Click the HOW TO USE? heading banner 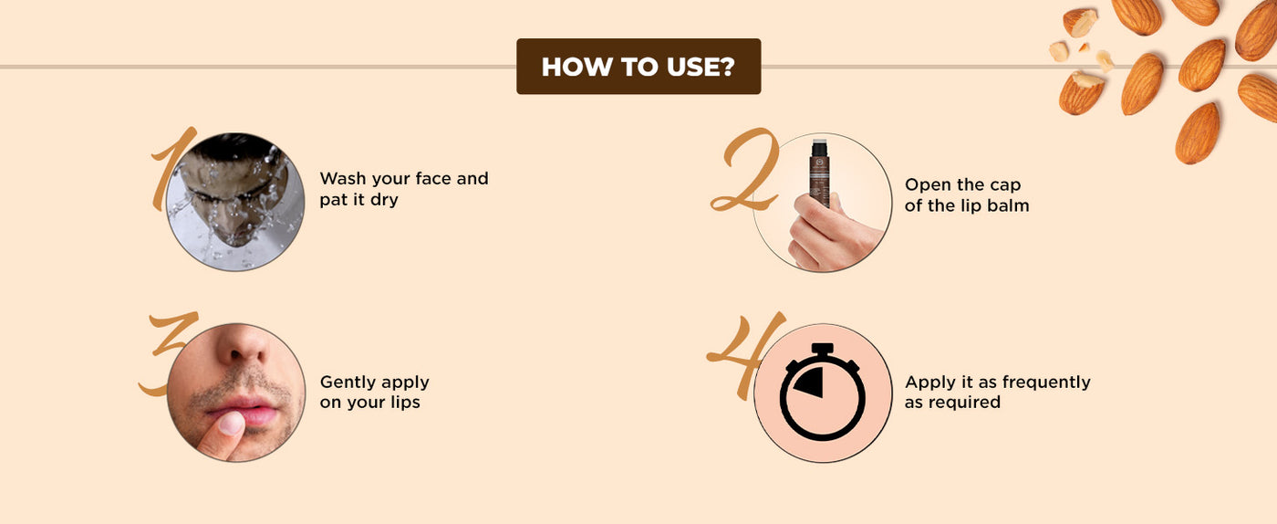[x=638, y=67]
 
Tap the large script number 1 [x=171, y=168]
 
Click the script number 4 [x=747, y=355]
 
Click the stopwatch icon [x=822, y=392]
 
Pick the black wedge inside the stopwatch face [x=810, y=383]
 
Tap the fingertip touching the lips [x=231, y=424]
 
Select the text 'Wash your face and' [x=403, y=179]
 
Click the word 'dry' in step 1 [x=383, y=200]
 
